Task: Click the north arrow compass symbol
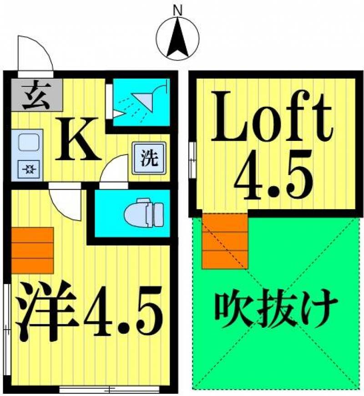pyautogui.click(x=177, y=39)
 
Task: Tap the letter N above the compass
pyautogui.click(x=177, y=10)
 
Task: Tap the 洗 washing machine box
pyautogui.click(x=149, y=158)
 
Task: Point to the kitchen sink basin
pyautogui.click(x=29, y=142)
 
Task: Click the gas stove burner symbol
pyautogui.click(x=29, y=169)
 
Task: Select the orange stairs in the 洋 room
pyautogui.click(x=33, y=250)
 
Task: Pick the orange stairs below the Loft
pyautogui.click(x=225, y=241)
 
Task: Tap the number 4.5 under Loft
pyautogui.click(x=273, y=174)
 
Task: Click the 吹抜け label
pyautogui.click(x=276, y=309)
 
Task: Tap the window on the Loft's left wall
pyautogui.click(x=192, y=160)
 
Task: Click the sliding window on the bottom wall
pyautogui.click(x=109, y=389)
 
